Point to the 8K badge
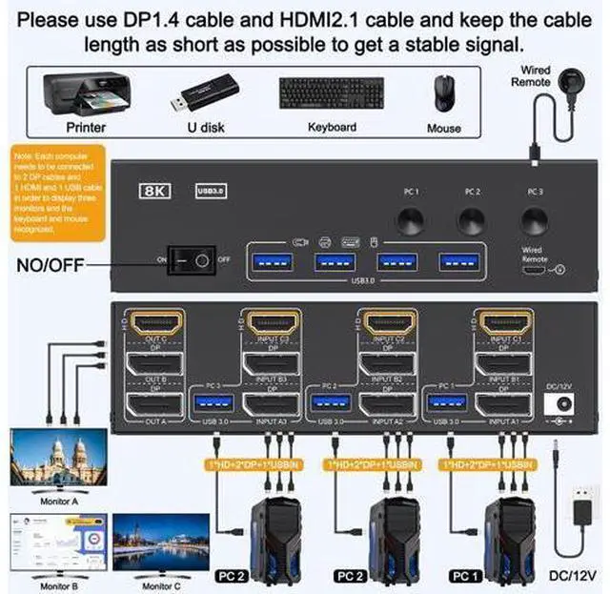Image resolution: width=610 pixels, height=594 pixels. tap(154, 190)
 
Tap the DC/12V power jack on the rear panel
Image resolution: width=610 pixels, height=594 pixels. tap(550, 404)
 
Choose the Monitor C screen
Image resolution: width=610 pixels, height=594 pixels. tap(160, 542)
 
